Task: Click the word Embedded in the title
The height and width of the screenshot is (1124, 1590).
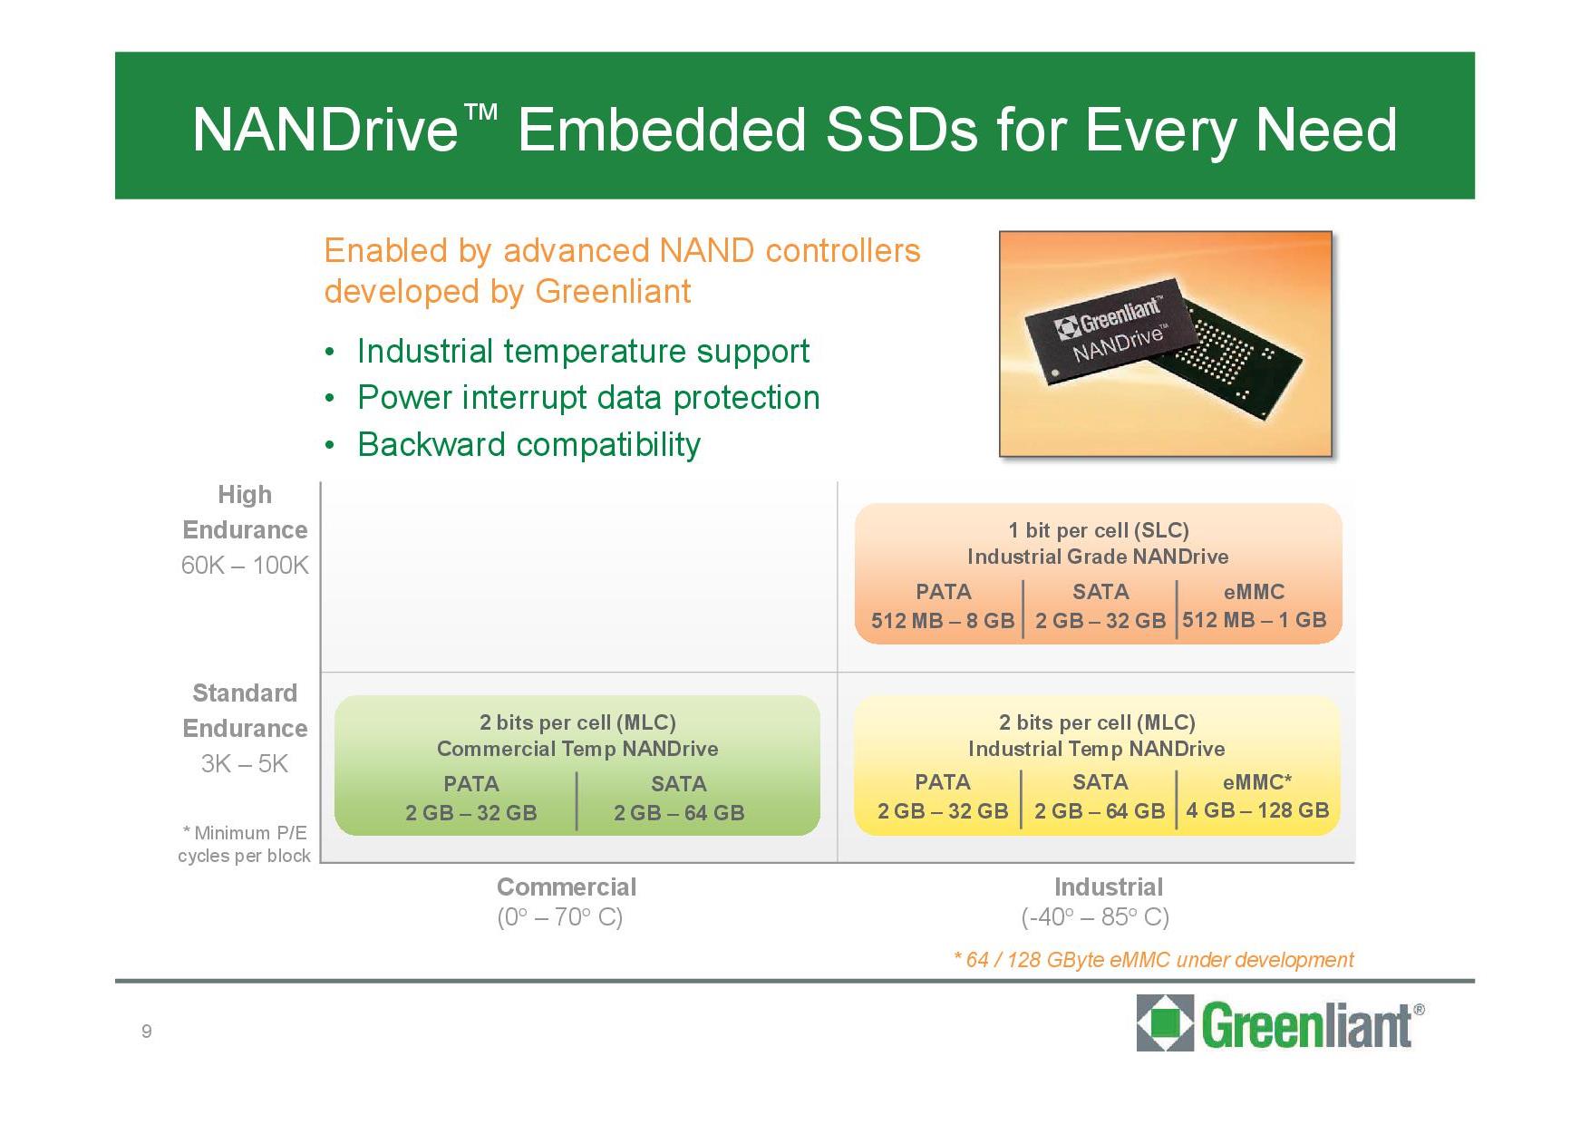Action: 661,130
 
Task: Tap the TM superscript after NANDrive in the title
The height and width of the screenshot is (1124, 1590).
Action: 480,111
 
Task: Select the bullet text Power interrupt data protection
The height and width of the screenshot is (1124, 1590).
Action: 588,398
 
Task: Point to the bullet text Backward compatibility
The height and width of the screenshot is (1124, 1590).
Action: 528,444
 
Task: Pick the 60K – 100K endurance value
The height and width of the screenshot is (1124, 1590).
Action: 245,565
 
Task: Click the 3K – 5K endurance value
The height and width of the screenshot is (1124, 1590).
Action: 245,763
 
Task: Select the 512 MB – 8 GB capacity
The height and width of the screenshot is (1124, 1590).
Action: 943,621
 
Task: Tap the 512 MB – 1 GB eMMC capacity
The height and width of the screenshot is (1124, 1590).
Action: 1254,620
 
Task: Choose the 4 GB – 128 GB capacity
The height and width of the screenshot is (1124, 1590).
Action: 1257,810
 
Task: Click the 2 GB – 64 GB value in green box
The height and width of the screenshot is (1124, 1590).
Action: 679,813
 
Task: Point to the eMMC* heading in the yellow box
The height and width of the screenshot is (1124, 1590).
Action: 1257,782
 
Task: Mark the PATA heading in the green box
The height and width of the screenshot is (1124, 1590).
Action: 471,784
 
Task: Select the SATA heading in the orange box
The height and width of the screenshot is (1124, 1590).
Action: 1100,592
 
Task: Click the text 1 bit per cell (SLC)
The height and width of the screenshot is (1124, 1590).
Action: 1099,530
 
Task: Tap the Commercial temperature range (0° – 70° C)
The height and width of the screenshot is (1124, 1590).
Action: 560,917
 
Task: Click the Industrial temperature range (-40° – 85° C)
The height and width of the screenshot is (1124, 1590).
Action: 1095,917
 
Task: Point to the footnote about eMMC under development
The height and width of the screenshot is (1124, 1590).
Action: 1153,960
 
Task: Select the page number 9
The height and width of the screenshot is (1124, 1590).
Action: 147,1031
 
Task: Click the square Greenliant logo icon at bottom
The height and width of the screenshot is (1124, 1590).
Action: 1165,1022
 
